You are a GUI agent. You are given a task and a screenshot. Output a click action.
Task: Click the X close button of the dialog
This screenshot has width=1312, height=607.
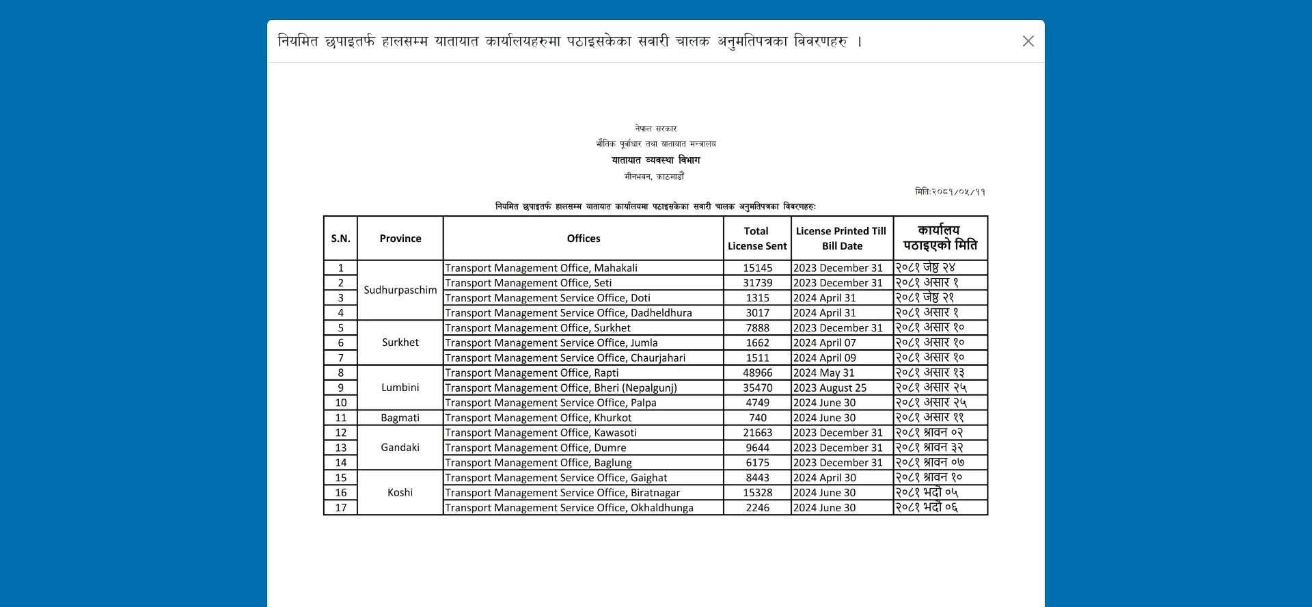click(x=1028, y=41)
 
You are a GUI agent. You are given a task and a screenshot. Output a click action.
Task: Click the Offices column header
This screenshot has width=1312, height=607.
click(x=583, y=239)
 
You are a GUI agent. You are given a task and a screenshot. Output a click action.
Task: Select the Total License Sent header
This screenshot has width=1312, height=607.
click(x=756, y=239)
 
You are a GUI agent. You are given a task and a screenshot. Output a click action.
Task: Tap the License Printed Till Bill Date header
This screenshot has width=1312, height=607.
click(x=841, y=239)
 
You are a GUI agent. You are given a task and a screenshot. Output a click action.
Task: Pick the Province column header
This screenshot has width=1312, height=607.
click(x=400, y=239)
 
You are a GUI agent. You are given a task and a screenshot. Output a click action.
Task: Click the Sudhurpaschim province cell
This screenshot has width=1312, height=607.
click(x=400, y=290)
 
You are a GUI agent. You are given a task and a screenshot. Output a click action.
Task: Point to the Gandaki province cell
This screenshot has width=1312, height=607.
click(x=400, y=448)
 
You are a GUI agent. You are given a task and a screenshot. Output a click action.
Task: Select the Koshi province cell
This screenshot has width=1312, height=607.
click(x=400, y=492)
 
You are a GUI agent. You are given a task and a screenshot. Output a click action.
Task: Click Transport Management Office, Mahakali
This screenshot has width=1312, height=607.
click(x=541, y=268)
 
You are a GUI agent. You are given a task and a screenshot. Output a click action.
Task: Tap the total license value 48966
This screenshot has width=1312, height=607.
click(x=757, y=373)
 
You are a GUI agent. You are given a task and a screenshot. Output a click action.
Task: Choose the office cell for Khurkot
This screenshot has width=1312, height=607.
click(x=538, y=418)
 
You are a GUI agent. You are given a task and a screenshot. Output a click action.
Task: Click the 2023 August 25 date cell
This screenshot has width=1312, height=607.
click(x=830, y=388)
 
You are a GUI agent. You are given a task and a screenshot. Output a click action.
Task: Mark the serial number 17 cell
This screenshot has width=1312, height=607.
click(x=340, y=508)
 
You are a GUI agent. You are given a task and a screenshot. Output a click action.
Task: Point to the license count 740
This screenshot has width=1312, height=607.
click(x=757, y=418)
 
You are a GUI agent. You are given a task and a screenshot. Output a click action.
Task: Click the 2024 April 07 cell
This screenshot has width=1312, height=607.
click(x=824, y=342)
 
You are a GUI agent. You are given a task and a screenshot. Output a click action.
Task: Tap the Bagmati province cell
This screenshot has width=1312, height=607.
click(x=400, y=418)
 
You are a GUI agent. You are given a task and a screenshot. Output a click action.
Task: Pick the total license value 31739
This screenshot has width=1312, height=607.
click(x=757, y=283)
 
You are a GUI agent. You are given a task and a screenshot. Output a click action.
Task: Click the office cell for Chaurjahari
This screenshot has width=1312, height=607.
click(x=565, y=358)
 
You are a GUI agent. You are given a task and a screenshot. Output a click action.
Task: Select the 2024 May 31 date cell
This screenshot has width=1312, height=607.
click(x=823, y=373)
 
